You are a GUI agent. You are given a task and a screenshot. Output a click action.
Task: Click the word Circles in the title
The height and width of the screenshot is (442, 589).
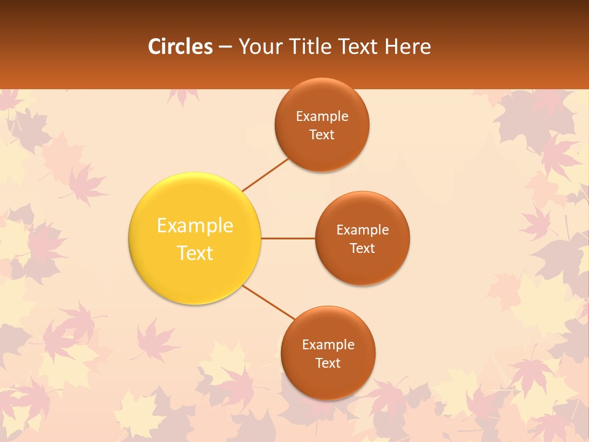pos(180,47)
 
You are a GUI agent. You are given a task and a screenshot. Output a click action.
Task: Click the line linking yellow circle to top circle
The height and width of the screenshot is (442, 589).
pos(265,174)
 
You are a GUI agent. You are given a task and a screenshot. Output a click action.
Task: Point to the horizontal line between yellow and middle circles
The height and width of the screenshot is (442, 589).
pos(288,238)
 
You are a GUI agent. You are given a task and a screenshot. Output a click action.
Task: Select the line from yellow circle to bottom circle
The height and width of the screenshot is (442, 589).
pos(269,302)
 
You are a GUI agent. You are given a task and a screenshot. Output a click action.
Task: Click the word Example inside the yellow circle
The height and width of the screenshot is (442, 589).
pos(195,226)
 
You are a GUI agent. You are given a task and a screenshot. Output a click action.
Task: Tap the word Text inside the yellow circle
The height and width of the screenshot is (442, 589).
pos(195,253)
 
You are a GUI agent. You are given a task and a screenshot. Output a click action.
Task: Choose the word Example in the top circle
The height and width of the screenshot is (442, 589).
pos(322,116)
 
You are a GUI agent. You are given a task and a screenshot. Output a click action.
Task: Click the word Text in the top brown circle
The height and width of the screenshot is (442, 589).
pos(322,134)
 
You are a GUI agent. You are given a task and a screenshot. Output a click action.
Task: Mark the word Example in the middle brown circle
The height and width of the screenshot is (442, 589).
pos(363,230)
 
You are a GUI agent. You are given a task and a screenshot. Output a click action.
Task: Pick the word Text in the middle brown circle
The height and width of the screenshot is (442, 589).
pos(363,248)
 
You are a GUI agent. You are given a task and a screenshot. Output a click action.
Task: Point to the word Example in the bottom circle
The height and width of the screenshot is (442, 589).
pos(328,344)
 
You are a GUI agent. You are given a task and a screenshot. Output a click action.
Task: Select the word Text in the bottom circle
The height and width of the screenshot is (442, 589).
pos(328,363)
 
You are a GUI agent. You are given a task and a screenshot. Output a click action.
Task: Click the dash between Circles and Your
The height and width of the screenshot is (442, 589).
pos(225,47)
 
